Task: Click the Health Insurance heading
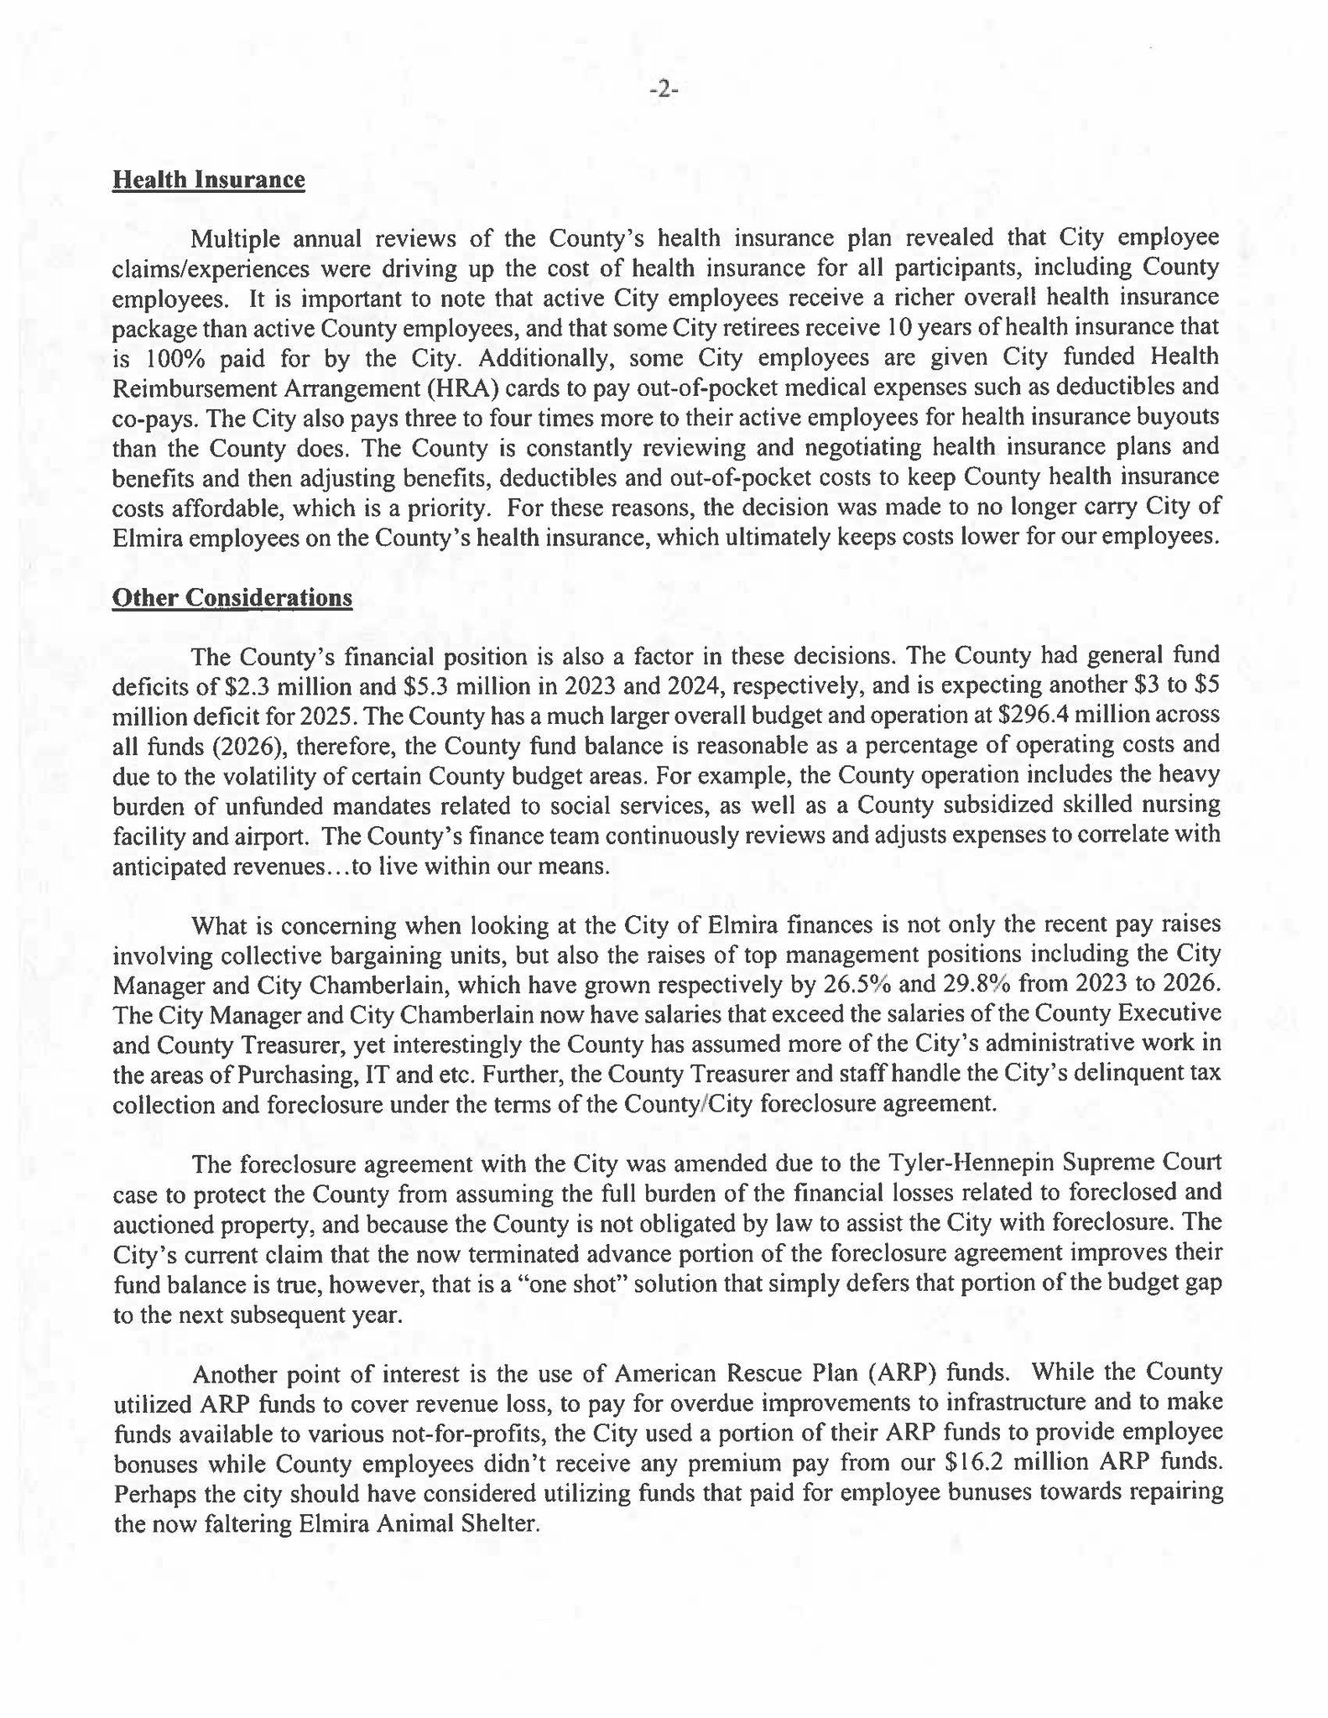208,180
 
